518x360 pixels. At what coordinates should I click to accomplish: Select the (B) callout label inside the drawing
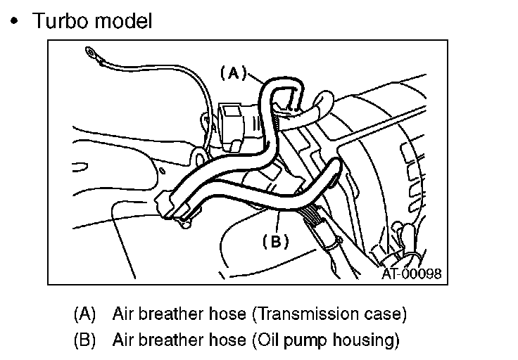(x=275, y=241)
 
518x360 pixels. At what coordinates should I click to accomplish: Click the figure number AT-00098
(x=412, y=274)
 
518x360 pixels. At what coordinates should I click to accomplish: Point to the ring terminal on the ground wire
(x=90, y=52)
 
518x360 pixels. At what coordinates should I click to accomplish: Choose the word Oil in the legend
(x=263, y=340)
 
